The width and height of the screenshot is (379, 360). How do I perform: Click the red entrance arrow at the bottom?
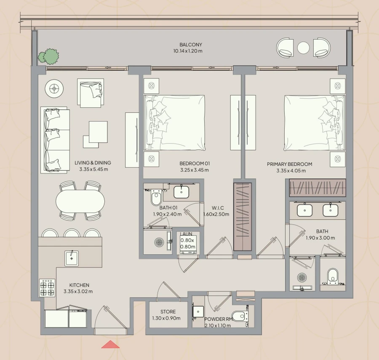(x=110, y=344)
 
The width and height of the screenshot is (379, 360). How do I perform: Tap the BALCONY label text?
(x=190, y=45)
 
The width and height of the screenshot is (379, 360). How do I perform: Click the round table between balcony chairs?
(x=303, y=48)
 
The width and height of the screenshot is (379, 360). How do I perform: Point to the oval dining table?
(x=80, y=201)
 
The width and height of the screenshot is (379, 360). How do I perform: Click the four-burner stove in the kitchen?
(x=47, y=288)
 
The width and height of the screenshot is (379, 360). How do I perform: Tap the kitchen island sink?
(x=72, y=258)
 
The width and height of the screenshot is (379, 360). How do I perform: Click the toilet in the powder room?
(x=239, y=315)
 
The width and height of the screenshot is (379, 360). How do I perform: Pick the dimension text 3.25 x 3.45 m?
(x=194, y=170)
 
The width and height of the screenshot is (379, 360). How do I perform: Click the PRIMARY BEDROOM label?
(x=289, y=164)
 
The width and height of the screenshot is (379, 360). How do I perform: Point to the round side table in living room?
(x=54, y=88)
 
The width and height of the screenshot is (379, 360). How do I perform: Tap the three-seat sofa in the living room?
(x=55, y=140)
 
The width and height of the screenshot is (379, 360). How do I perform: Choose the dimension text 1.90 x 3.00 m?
(x=320, y=238)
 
